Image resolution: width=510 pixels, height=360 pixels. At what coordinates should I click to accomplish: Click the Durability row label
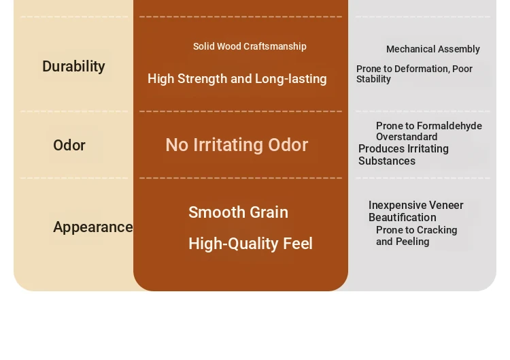pyautogui.click(x=73, y=67)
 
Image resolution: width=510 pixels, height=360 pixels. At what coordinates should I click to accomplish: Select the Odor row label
pyautogui.click(x=69, y=145)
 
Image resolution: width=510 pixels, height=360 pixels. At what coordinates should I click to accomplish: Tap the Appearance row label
pyautogui.click(x=93, y=227)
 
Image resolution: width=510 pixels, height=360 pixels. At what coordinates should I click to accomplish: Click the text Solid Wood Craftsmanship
pyautogui.click(x=250, y=46)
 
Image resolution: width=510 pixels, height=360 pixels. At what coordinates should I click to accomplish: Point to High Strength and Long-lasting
pyautogui.click(x=237, y=79)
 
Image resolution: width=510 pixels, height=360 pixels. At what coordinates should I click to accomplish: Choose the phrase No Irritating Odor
pyautogui.click(x=237, y=145)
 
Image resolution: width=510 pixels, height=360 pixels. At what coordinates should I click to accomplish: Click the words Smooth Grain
pyautogui.click(x=239, y=212)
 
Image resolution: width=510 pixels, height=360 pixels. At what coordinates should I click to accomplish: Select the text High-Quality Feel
pyautogui.click(x=250, y=244)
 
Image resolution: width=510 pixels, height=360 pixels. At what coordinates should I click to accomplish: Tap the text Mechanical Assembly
pyautogui.click(x=433, y=49)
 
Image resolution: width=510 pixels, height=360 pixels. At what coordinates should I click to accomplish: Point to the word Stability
pyautogui.click(x=373, y=79)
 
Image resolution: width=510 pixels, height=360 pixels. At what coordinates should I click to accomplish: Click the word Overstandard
pyautogui.click(x=407, y=137)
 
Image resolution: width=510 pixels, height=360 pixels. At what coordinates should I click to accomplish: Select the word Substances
pyautogui.click(x=387, y=161)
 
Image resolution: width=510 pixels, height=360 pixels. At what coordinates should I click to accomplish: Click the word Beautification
pyautogui.click(x=403, y=217)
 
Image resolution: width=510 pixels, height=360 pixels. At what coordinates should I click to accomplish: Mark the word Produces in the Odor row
pyautogui.click(x=379, y=149)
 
